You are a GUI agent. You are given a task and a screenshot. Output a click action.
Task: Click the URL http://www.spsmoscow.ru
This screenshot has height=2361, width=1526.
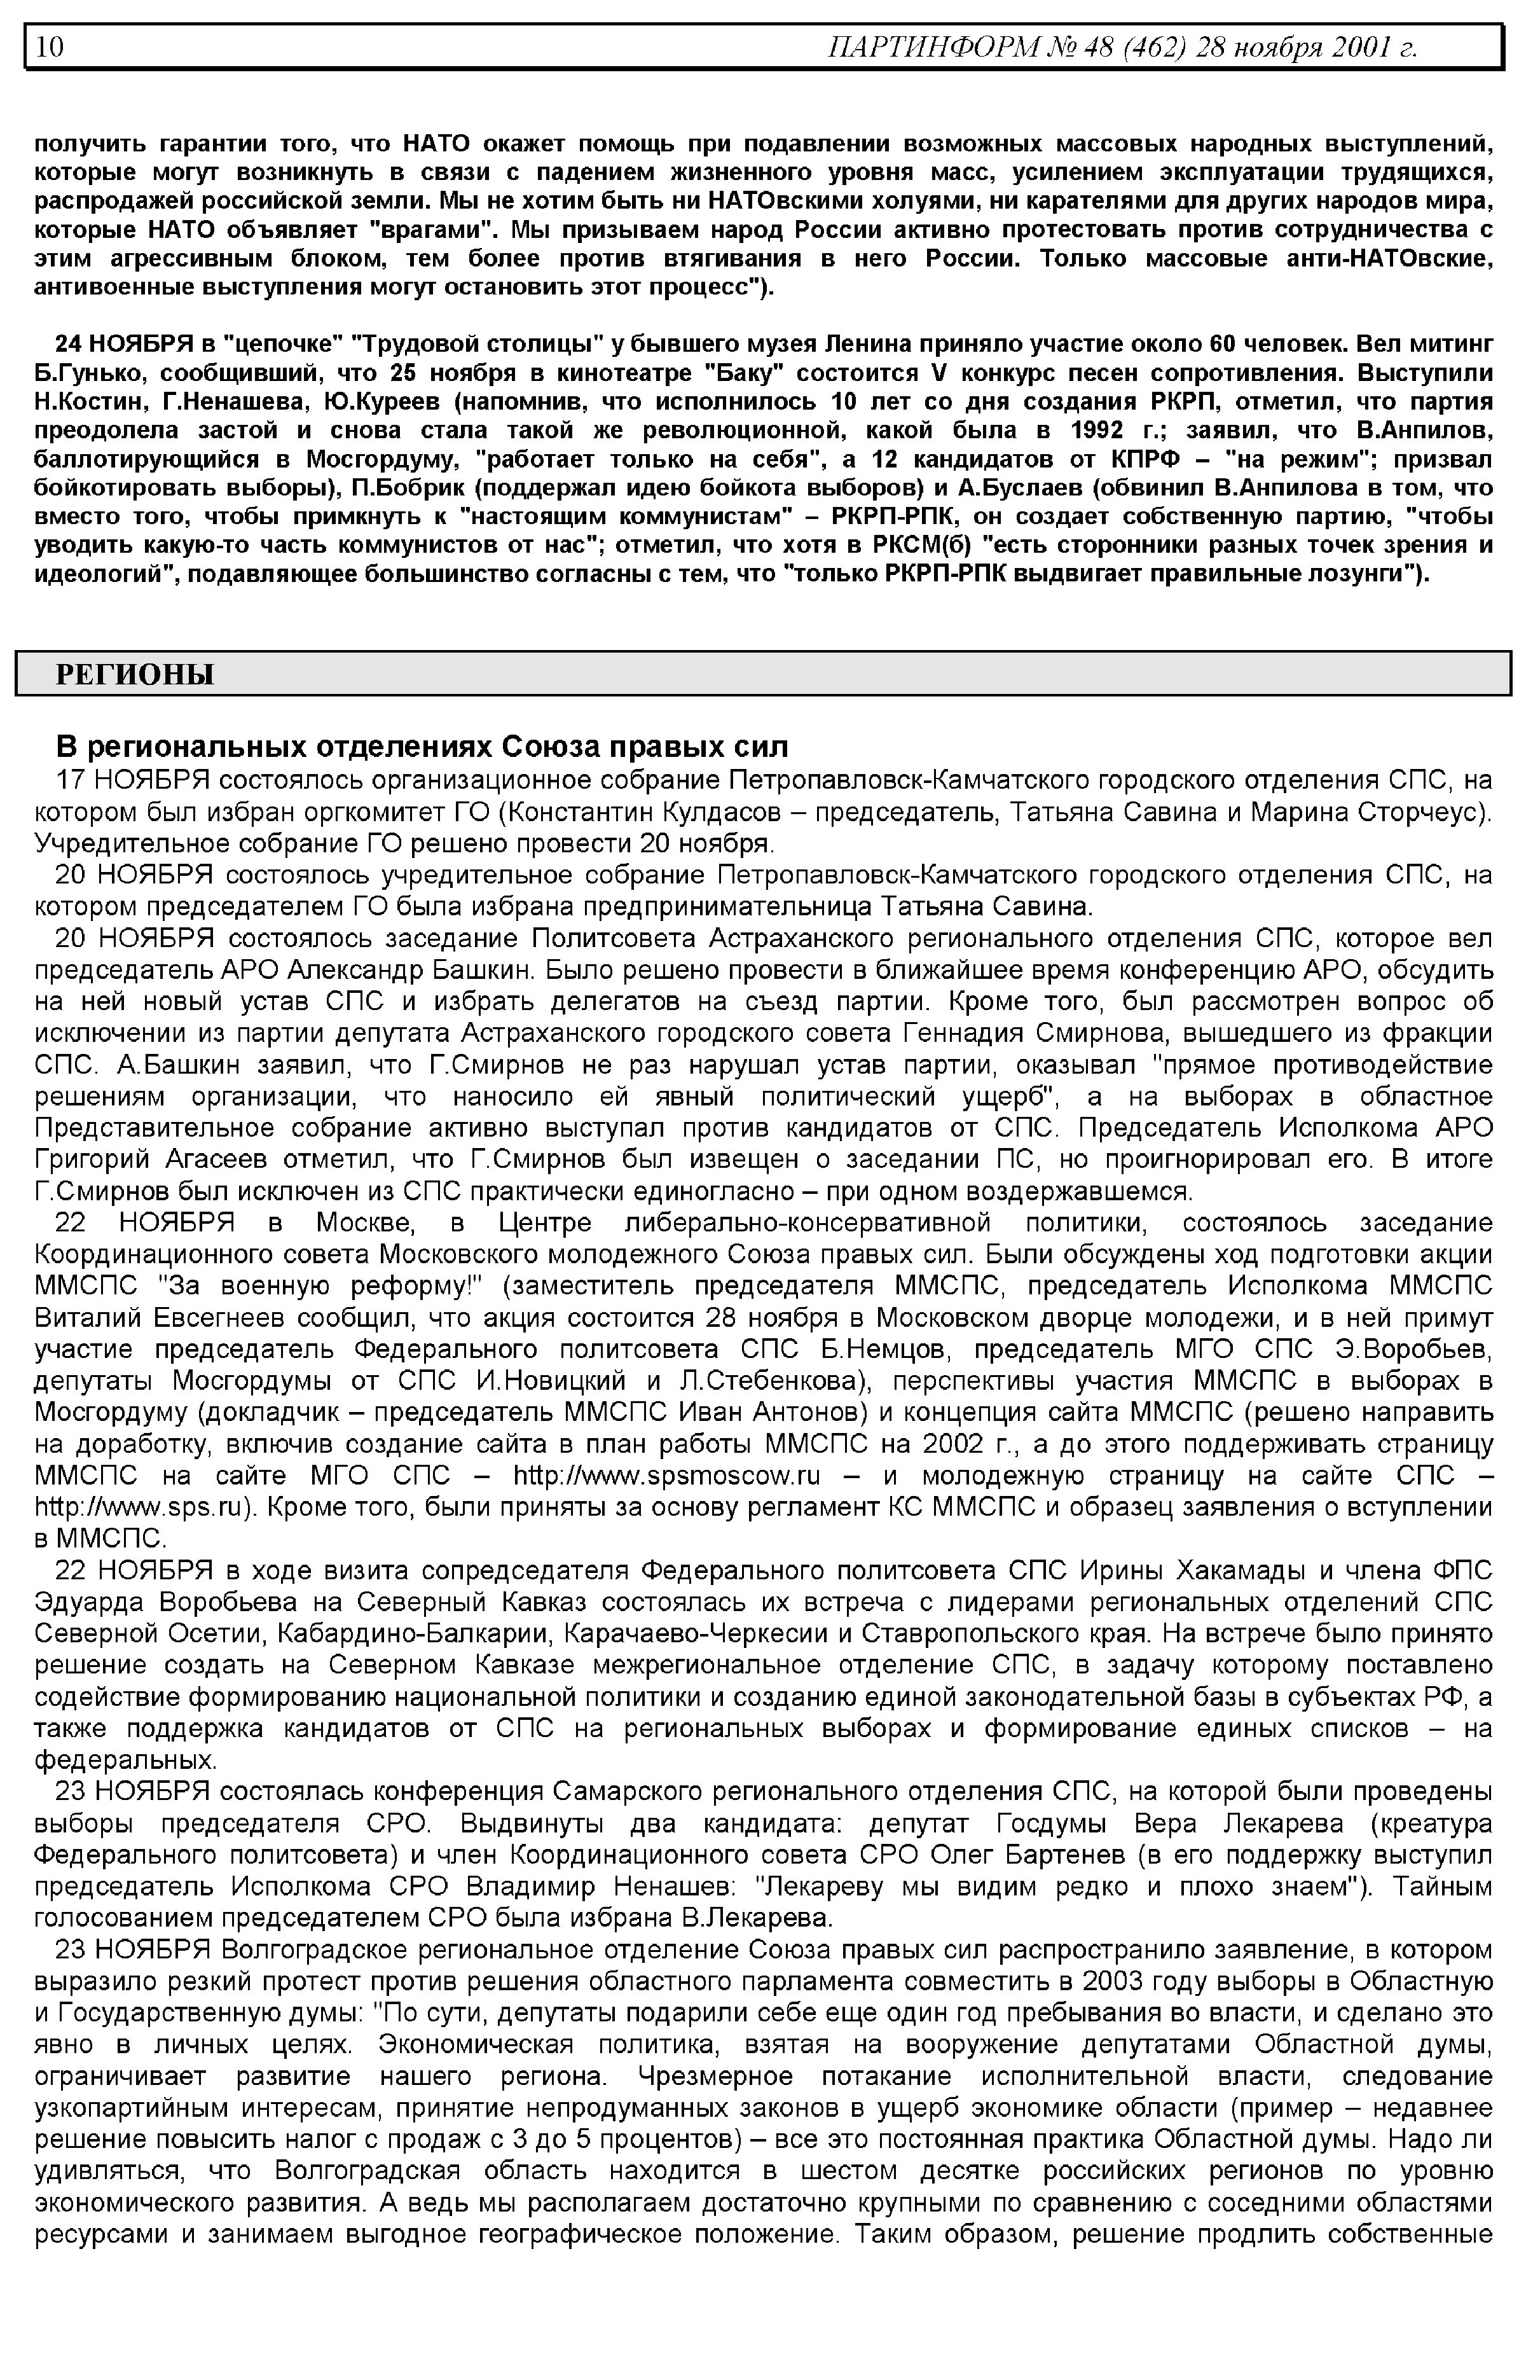[666, 1476]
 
